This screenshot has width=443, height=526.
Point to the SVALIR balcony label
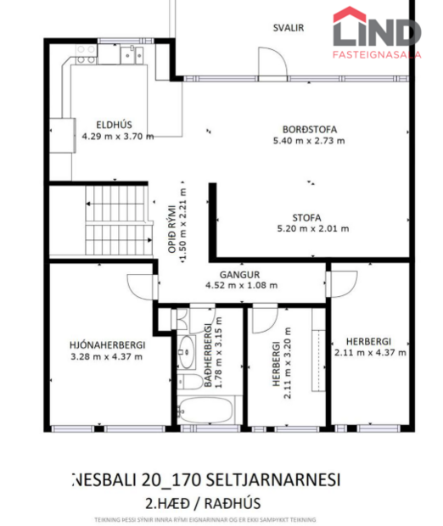[x=289, y=27]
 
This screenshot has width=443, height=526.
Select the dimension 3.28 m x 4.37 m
[x=107, y=356]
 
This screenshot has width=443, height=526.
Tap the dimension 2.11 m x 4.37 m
[x=370, y=352]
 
